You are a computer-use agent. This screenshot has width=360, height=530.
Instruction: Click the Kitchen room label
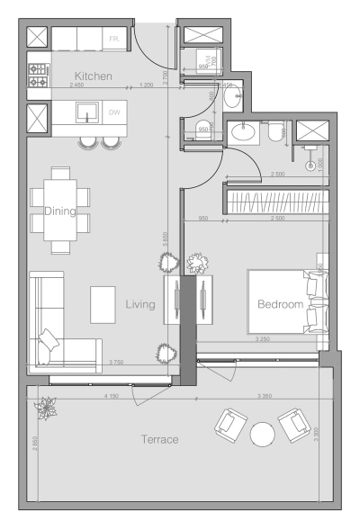coord(93,76)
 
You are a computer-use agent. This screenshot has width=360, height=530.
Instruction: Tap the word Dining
coord(61,211)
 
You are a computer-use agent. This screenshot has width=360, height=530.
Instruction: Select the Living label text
coord(140,305)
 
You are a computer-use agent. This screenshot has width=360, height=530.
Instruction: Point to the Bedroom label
coord(280,304)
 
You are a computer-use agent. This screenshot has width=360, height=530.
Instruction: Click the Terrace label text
coord(159,439)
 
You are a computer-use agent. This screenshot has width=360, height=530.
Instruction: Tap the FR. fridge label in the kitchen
coord(113,40)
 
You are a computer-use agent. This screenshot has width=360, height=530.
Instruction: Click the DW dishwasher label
coord(113,112)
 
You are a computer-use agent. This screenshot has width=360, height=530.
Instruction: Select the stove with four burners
coord(39,76)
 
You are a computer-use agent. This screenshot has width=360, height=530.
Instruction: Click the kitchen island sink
coord(86,112)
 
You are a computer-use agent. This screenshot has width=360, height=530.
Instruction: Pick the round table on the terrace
coord(262,435)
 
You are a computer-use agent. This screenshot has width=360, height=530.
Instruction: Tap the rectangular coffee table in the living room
coord(103,305)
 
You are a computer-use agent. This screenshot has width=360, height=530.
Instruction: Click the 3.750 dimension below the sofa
coord(116,363)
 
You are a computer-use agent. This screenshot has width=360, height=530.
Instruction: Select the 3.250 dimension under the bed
coord(262,339)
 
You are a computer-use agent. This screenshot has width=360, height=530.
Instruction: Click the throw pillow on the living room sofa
coord(49,340)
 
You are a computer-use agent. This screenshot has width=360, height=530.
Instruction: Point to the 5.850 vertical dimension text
coord(166,239)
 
